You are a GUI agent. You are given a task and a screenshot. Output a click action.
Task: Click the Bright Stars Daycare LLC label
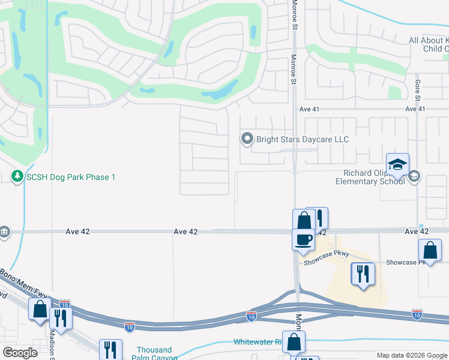[303, 139]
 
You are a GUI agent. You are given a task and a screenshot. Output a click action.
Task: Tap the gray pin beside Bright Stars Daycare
[247, 139]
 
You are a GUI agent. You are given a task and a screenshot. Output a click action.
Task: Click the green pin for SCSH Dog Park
[17, 177]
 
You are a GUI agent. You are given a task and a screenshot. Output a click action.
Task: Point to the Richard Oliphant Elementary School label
[370, 176]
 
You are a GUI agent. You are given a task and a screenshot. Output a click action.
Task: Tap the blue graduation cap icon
[397, 164]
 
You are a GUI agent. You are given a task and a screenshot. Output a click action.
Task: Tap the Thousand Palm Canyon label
[154, 353]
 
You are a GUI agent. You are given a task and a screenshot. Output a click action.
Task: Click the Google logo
[20, 353]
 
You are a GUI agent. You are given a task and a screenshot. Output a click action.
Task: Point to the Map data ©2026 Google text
[411, 355]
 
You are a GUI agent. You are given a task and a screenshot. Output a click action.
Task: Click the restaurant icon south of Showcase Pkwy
[363, 274]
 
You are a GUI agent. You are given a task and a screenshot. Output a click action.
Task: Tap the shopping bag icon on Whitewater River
[294, 342]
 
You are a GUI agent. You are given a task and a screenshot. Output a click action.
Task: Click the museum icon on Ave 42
[4, 232]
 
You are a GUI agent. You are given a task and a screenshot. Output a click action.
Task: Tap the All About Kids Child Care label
[429, 44]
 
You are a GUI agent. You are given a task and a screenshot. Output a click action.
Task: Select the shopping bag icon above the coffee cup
[303, 220]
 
